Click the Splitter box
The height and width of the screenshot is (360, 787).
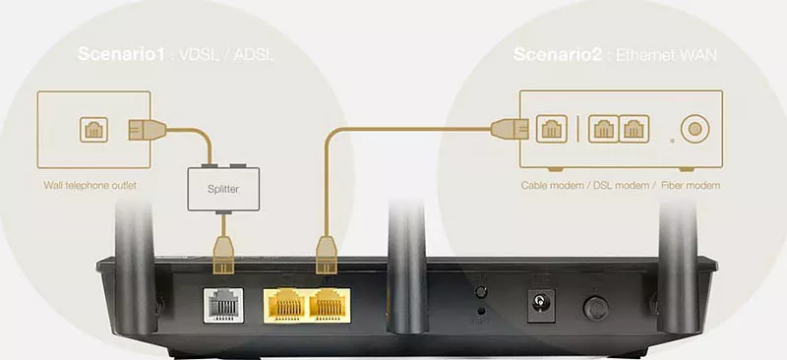(x=223, y=189)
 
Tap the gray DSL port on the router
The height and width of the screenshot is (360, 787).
(x=223, y=305)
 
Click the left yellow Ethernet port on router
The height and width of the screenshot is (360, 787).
(x=285, y=305)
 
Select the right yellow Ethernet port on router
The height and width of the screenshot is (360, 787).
(x=330, y=305)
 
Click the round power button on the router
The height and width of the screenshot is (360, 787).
(x=596, y=308)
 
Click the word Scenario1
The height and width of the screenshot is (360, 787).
(x=121, y=54)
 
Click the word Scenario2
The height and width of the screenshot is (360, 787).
(x=557, y=54)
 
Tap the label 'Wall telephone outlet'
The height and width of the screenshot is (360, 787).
(x=90, y=185)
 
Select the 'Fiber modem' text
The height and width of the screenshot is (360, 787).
(x=691, y=185)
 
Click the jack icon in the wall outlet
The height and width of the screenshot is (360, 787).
(x=93, y=130)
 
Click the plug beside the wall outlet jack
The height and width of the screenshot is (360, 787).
(x=147, y=130)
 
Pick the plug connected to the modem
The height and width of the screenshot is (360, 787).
(x=510, y=129)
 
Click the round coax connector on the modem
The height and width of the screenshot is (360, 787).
(x=696, y=129)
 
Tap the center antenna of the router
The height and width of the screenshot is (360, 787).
(x=406, y=267)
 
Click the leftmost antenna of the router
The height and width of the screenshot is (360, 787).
(x=134, y=267)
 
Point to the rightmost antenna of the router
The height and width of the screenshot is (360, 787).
(x=679, y=267)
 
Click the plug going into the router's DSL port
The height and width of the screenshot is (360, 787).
(x=224, y=256)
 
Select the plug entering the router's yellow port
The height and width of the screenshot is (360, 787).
(x=327, y=256)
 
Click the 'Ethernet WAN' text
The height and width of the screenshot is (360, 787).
(x=666, y=55)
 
